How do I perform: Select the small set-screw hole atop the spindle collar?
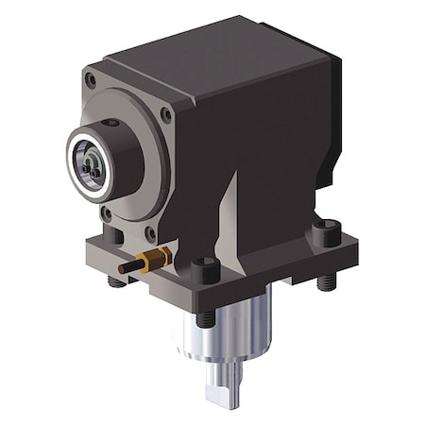[x=114, y=123]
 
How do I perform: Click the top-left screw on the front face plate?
[x=90, y=80]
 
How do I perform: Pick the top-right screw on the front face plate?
[x=166, y=114]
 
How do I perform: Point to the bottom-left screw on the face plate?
[x=106, y=213]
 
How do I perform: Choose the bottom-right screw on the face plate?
[x=151, y=232]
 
